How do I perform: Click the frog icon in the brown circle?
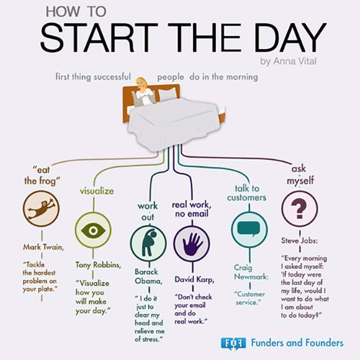point(41,208)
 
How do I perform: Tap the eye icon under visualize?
point(93,231)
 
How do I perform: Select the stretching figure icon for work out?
point(149,242)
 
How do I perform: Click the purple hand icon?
point(192,244)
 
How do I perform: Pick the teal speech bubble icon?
point(249,229)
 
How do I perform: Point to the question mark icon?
point(299,208)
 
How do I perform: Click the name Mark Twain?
point(44,247)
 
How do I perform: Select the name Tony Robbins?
point(98,265)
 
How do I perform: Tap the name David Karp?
point(195,279)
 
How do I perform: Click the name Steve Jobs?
point(299,241)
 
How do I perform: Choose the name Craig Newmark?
point(251,272)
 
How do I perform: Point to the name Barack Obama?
point(148,276)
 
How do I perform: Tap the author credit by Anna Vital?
point(289,61)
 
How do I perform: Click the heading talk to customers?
point(247,193)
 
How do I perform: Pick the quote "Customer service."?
point(249,298)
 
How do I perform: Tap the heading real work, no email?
point(192,209)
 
